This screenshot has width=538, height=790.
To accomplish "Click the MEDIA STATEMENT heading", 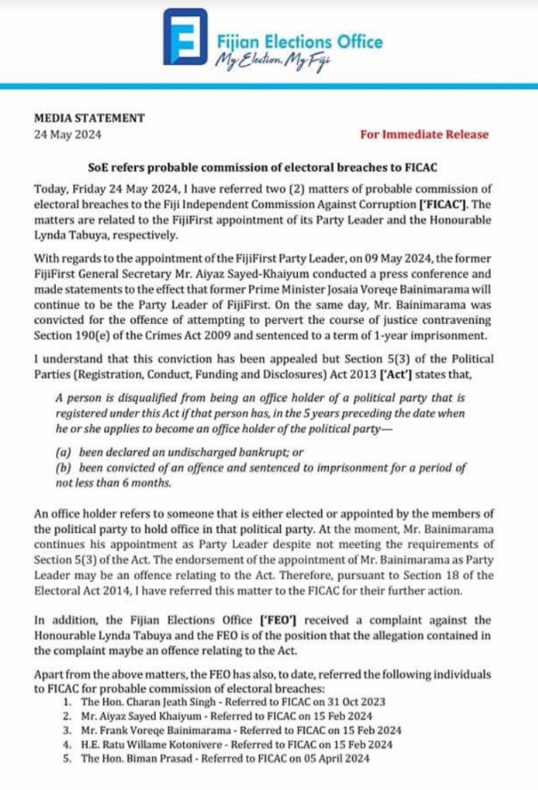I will click(90, 118).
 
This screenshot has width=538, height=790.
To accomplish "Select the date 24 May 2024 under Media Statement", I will click(68, 133).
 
